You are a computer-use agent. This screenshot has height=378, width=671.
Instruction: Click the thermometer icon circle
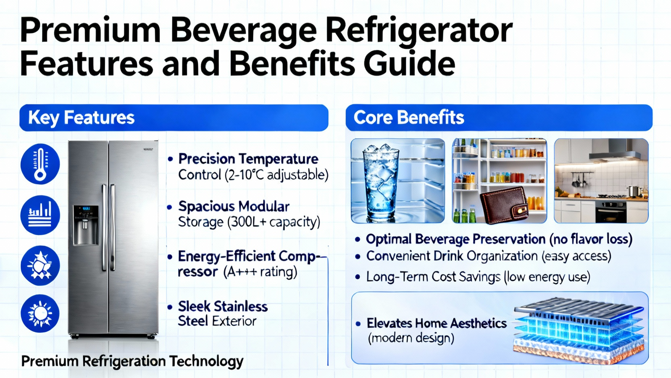[x=40, y=164]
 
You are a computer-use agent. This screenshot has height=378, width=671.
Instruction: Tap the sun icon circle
[x=40, y=313]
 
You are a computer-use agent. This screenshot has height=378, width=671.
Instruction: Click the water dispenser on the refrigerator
[x=86, y=225]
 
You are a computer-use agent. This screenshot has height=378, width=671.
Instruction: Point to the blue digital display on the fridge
[x=86, y=208]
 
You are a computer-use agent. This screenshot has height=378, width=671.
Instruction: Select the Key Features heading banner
[x=174, y=118]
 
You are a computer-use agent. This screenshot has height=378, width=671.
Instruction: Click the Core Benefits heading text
[x=409, y=117]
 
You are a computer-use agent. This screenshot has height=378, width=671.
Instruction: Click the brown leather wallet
[x=504, y=205]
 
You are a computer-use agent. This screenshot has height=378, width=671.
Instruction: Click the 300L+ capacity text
[x=274, y=222]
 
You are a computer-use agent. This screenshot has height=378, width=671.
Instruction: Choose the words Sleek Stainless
[x=223, y=307]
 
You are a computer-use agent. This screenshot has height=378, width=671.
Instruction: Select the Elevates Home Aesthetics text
[x=437, y=323]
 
